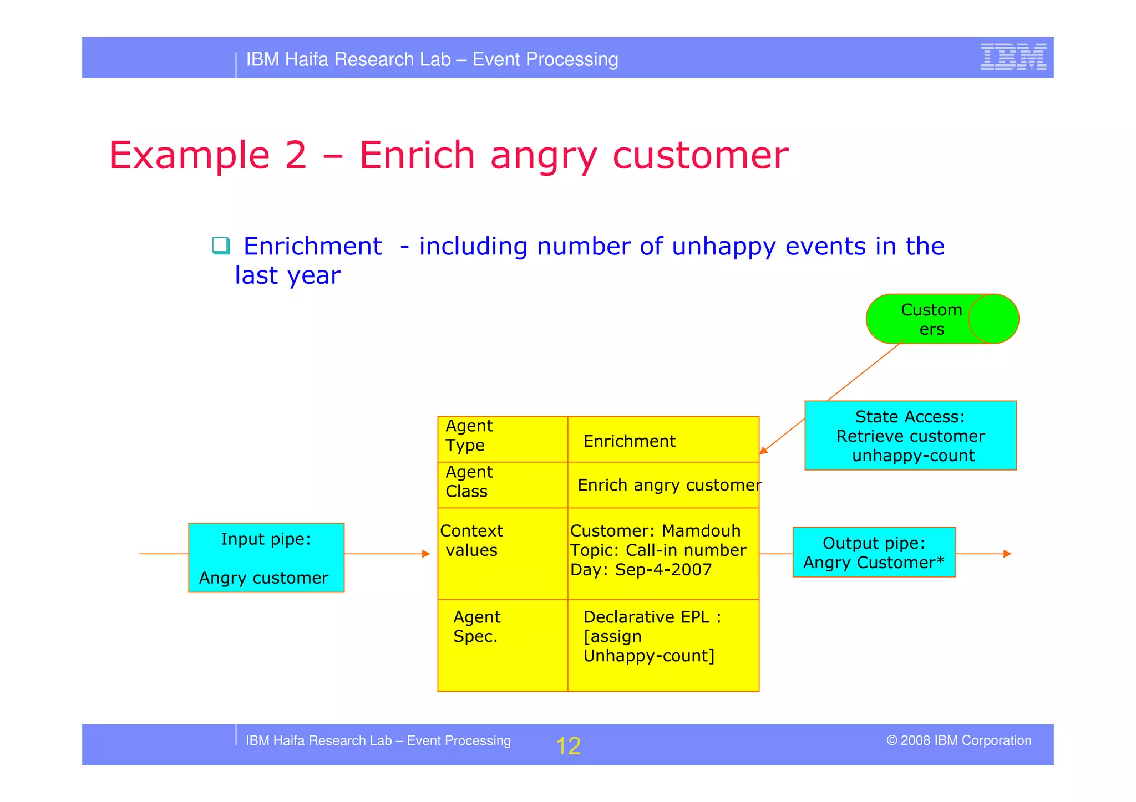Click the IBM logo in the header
pyautogui.click(x=1013, y=57)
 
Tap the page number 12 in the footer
pyautogui.click(x=568, y=746)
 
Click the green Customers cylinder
pyautogui.click(x=942, y=319)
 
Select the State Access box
pyautogui.click(x=910, y=436)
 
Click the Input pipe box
pyautogui.click(x=266, y=558)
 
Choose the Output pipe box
pyautogui.click(x=874, y=553)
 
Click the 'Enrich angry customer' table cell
pyautogui.click(x=669, y=485)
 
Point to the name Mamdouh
pyautogui.click(x=701, y=531)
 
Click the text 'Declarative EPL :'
pyautogui.click(x=652, y=617)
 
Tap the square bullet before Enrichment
pyautogui.click(x=221, y=246)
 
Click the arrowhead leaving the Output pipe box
pyautogui.click(x=1007, y=554)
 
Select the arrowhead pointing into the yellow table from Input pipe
pyautogui.click(x=426, y=554)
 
